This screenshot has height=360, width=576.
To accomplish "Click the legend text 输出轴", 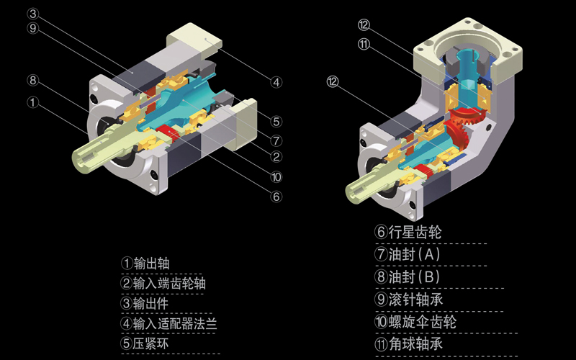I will pos(152,264).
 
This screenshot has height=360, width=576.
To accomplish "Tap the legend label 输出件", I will pos(152,304).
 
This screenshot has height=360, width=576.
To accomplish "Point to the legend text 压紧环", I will pos(152,344).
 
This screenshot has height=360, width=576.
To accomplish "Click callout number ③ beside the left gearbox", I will pos(32,14).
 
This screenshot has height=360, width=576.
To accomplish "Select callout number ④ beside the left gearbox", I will pos(276,81).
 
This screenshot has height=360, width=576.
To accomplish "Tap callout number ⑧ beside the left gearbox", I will pos(32,81).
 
